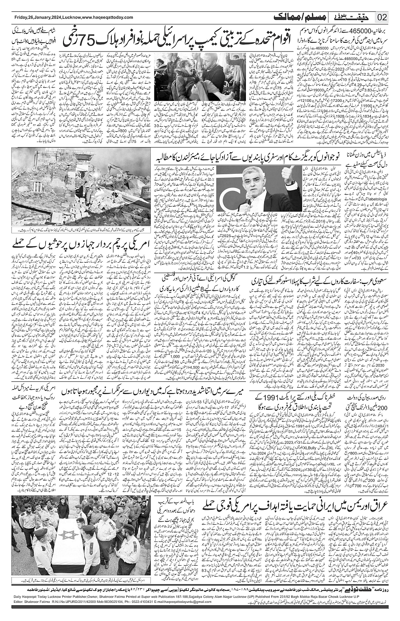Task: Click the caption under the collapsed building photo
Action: tap(80, 230)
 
